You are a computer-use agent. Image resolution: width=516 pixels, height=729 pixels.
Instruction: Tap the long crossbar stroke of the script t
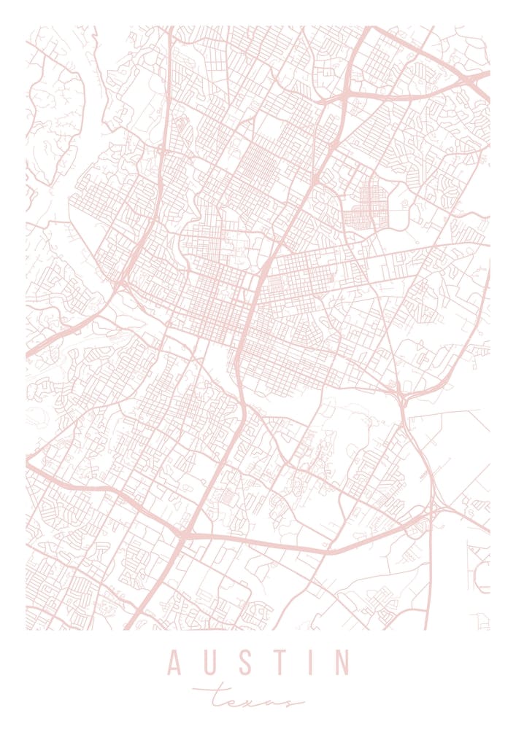coord(219,688)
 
